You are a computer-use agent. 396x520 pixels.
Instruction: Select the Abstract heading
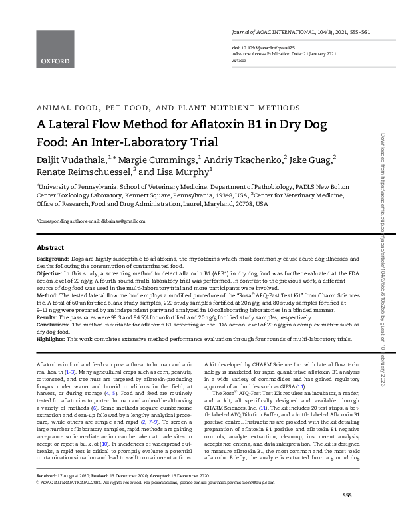pyautogui.click(x=50, y=247)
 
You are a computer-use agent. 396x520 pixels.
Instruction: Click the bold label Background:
pyautogui.click(x=52, y=258)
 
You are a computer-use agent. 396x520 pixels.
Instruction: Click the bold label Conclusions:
pyautogui.click(x=54, y=324)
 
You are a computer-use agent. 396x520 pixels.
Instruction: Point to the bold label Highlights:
pyautogui.click(x=52, y=338)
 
